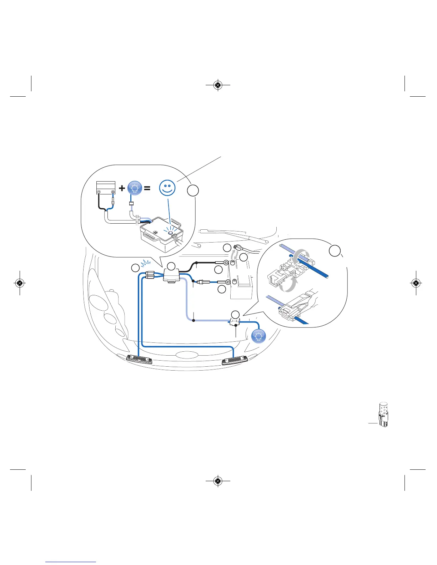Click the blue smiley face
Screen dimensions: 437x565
(x=167, y=188)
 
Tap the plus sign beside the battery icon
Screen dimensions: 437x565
(x=122, y=188)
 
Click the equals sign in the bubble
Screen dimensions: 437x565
(x=147, y=188)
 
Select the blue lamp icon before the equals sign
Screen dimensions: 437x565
(x=135, y=188)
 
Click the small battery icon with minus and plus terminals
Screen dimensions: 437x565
(x=106, y=188)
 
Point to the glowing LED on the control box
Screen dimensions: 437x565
(x=171, y=233)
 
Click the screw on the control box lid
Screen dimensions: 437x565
(x=155, y=232)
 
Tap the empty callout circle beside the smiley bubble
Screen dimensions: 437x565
(x=193, y=190)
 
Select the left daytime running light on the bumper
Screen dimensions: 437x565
(x=140, y=360)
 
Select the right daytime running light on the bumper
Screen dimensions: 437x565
(x=235, y=361)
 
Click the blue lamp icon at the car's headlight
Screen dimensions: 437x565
(x=258, y=336)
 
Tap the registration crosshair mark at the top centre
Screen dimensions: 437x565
(x=218, y=85)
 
